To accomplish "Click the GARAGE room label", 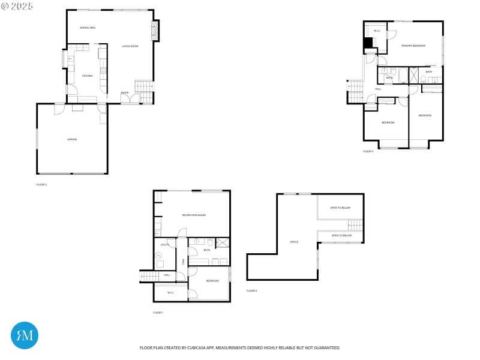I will [72, 139].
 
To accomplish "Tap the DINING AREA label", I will [88, 28].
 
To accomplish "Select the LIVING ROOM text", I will [130, 46].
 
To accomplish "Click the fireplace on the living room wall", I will [155, 31].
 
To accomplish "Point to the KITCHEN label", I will [88, 76].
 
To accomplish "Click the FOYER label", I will [125, 92].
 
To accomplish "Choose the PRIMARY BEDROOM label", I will [413, 46].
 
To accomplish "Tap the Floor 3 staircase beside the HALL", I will [355, 92].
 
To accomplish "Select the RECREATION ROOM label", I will [194, 215].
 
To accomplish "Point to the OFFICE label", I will [294, 242].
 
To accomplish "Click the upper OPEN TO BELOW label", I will [340, 208].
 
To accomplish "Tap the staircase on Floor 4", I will [355, 226].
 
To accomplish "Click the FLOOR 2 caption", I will [41, 184].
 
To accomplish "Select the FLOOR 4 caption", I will [251, 290].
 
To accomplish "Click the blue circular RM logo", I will [25, 335].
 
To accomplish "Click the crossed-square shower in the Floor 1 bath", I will [222, 243].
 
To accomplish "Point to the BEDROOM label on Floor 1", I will [212, 281].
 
